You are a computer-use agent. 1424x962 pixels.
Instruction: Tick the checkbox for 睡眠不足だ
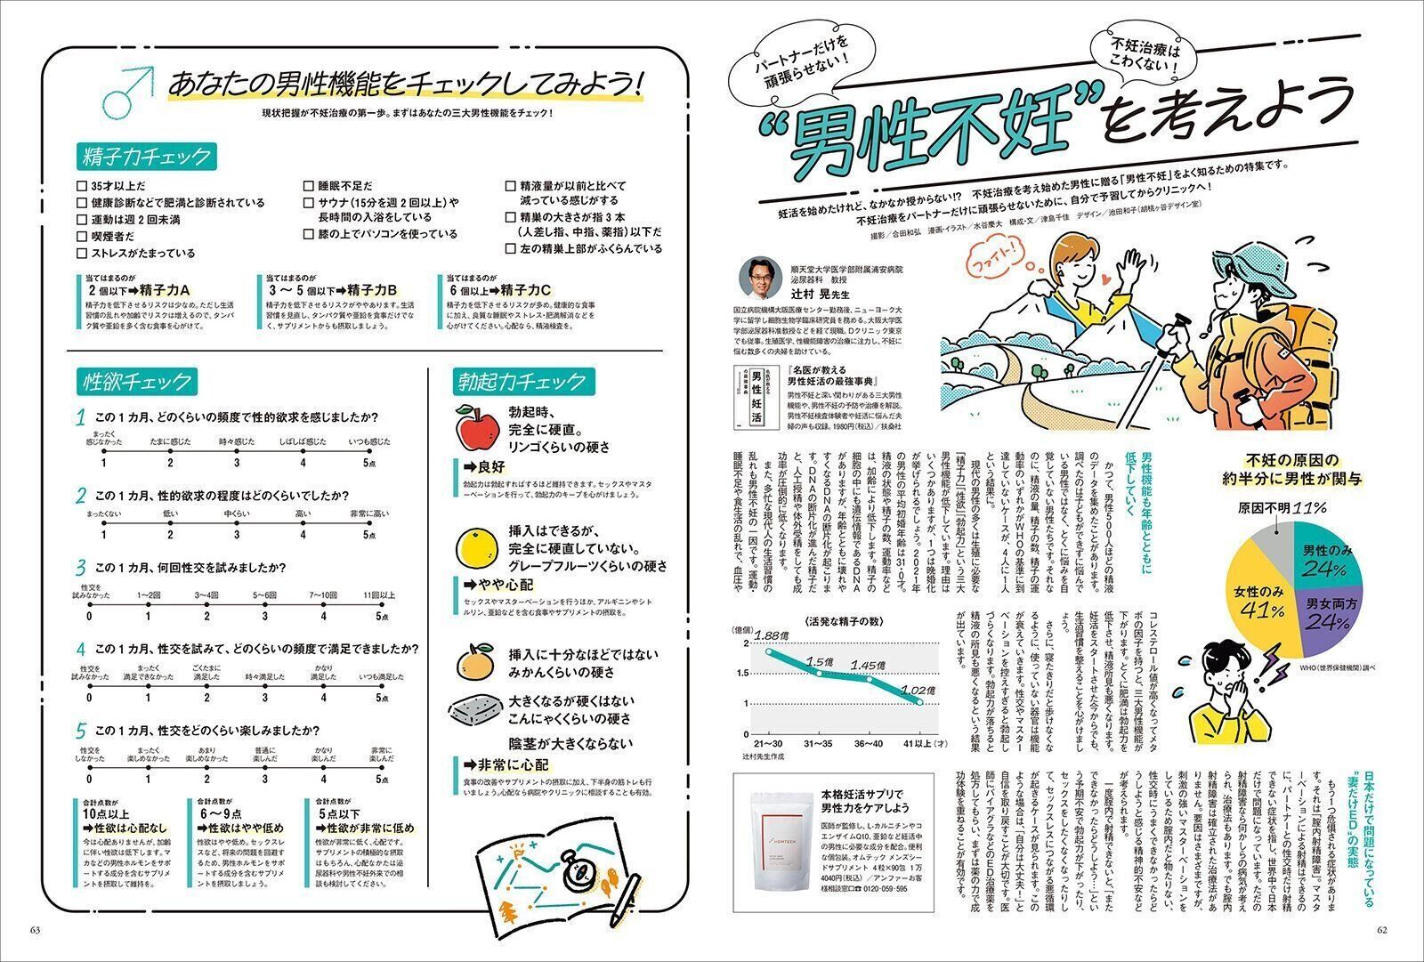pyautogui.click(x=310, y=187)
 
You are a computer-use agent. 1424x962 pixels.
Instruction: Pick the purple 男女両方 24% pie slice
pyautogui.click(x=1325, y=614)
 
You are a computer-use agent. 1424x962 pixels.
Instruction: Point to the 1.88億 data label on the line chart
pyautogui.click(x=771, y=635)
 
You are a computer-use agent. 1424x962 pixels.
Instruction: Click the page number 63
pyautogui.click(x=36, y=930)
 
